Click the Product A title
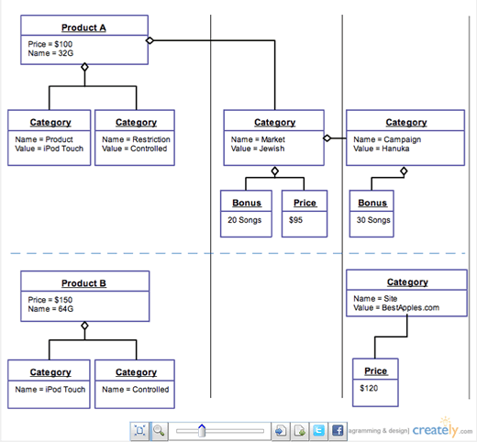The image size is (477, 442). click(x=84, y=28)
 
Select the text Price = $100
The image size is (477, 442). click(x=50, y=44)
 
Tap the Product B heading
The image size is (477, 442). click(x=84, y=283)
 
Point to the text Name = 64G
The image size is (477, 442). click(x=50, y=310)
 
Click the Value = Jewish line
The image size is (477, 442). click(x=259, y=149)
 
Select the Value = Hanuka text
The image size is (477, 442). click(x=383, y=149)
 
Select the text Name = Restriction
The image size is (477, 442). click(x=136, y=139)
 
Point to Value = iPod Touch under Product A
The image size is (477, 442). click(x=50, y=149)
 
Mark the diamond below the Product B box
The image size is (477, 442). click(x=84, y=326)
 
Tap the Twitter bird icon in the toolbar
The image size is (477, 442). click(x=318, y=430)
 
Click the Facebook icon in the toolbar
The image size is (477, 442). click(x=338, y=430)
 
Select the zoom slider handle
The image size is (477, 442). click(x=202, y=430)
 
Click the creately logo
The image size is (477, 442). click(x=436, y=429)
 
